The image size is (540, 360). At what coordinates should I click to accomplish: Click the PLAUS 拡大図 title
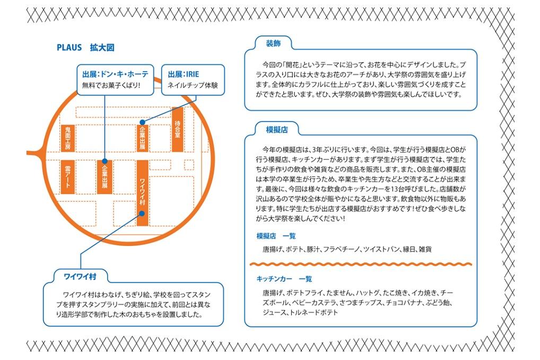85,48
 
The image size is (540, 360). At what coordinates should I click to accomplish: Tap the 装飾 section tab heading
273,43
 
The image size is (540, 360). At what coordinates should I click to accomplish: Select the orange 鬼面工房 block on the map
68,138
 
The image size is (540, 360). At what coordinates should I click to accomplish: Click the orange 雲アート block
68,177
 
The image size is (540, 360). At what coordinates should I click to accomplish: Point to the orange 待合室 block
177,129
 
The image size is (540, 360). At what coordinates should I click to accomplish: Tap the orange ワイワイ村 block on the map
143,193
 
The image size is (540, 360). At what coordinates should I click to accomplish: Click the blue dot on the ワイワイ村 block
142,213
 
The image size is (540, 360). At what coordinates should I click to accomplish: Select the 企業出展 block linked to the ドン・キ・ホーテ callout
104,177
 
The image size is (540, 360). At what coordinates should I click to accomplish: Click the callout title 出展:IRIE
184,74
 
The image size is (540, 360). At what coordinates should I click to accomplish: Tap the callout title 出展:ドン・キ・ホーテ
115,74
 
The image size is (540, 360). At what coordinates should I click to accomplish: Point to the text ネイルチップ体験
193,85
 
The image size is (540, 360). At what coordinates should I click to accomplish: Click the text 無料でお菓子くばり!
111,85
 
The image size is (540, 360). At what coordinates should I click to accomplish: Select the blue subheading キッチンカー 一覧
284,279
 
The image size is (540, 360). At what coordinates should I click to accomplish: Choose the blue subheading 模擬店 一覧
276,236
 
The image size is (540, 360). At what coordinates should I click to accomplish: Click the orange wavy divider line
361,265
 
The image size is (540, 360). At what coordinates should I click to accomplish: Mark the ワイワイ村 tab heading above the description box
80,276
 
